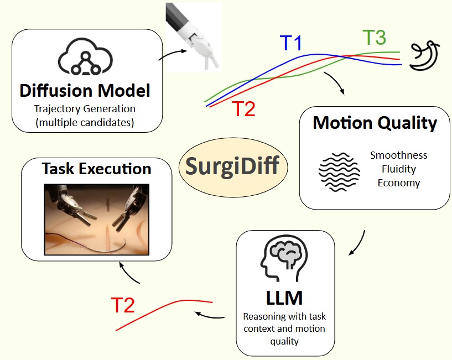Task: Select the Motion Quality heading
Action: [375, 123]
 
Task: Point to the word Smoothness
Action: [398, 155]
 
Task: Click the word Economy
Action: [398, 183]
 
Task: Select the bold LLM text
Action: [284, 298]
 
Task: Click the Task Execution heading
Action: [96, 168]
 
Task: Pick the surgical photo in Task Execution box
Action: [97, 220]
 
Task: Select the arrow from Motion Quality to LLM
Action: [359, 242]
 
